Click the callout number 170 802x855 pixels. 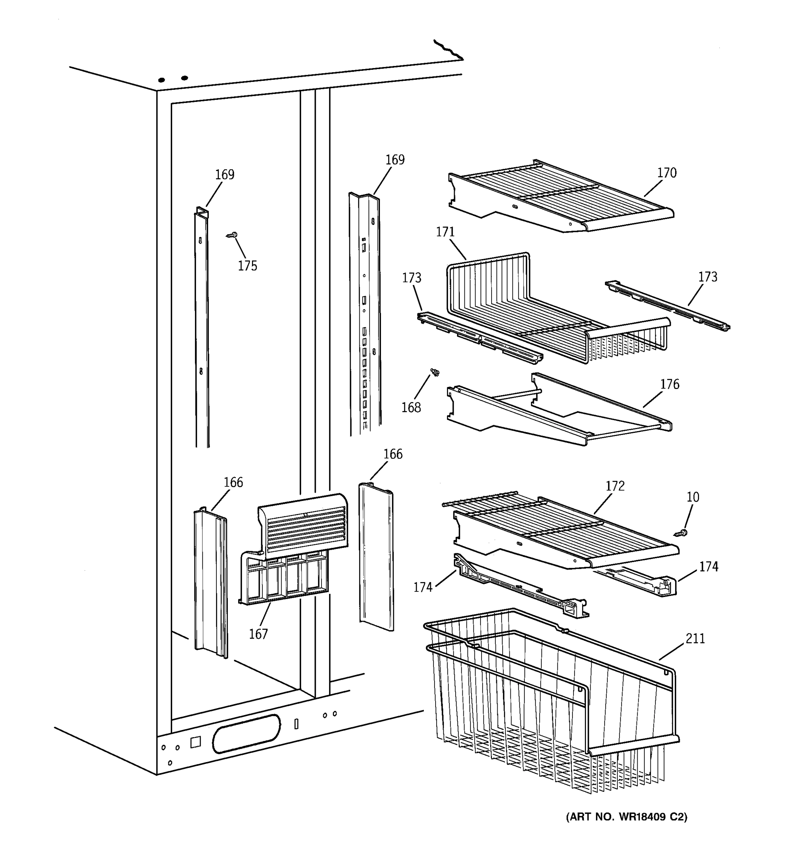point(667,173)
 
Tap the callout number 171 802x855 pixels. point(445,232)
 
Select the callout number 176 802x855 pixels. point(669,384)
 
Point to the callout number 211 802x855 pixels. point(695,639)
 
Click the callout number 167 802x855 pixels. point(258,634)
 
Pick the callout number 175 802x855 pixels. point(247,266)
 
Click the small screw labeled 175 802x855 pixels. point(233,235)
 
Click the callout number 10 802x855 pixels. point(693,497)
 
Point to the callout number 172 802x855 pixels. point(615,486)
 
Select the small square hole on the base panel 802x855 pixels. point(195,742)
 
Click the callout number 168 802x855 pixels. point(411,407)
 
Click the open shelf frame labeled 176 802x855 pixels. point(559,413)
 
